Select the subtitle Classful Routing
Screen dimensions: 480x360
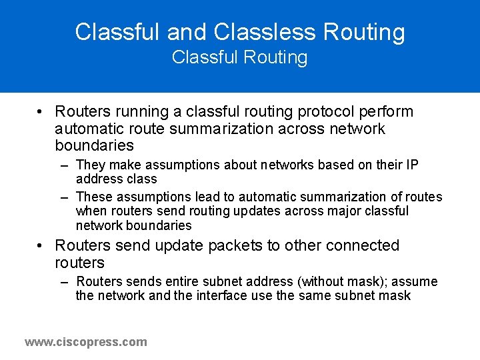click(239, 58)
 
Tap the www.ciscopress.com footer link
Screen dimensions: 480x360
click(86, 342)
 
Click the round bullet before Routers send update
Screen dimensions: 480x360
click(41, 246)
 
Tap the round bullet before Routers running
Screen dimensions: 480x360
click(41, 111)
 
